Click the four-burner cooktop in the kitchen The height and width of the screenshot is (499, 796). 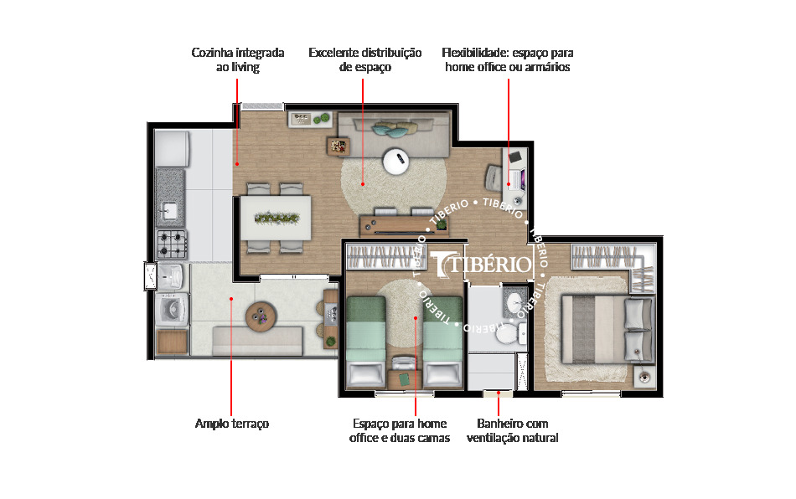click(x=172, y=244)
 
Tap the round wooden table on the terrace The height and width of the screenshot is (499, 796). click(x=259, y=316)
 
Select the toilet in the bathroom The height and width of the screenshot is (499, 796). click(x=507, y=333)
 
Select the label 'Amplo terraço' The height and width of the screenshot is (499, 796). click(x=232, y=424)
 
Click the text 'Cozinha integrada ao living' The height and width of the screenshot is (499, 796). click(x=237, y=59)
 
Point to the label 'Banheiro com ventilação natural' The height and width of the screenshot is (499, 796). click(x=517, y=430)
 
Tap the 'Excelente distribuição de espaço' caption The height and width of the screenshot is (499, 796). click(x=364, y=59)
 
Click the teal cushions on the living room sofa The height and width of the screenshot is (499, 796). click(x=394, y=129)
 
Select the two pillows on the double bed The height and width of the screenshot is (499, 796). click(x=638, y=327)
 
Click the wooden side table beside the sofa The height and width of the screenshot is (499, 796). click(x=339, y=146)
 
